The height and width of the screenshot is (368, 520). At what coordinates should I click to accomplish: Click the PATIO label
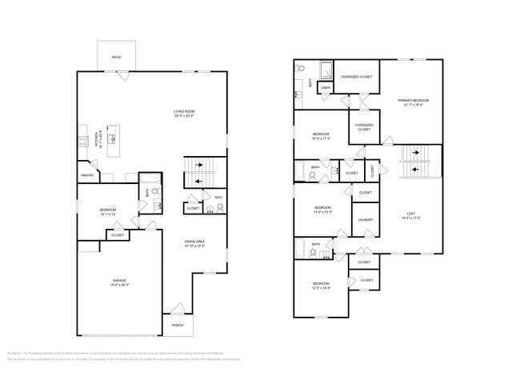click(x=116, y=58)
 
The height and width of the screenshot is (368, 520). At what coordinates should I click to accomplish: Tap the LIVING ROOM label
click(x=185, y=111)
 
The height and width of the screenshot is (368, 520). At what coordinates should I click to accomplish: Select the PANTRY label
click(x=86, y=175)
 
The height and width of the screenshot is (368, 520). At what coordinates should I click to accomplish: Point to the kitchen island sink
click(x=114, y=139)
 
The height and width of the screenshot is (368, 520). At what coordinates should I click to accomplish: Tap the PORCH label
click(x=177, y=325)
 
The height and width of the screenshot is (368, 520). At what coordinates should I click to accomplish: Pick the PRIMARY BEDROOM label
click(x=414, y=100)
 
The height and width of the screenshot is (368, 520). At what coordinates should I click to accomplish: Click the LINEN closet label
click(x=326, y=87)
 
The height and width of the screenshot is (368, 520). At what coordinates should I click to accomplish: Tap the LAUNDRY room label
click(x=366, y=219)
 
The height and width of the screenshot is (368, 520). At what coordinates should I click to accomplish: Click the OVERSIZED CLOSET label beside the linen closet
click(x=356, y=76)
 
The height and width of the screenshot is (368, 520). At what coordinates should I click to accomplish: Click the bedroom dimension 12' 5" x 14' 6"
click(x=320, y=288)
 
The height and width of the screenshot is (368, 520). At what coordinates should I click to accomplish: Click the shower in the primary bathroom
click(x=326, y=68)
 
